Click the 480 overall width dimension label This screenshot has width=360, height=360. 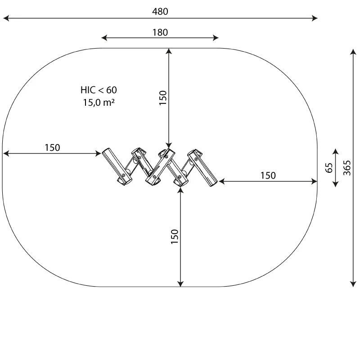(x=160, y=12)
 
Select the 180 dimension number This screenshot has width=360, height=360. (x=160, y=32)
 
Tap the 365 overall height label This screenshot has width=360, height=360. (x=347, y=168)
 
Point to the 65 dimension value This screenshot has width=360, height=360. (x=329, y=168)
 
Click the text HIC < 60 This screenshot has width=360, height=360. (x=99, y=90)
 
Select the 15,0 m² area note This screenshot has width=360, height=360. (x=99, y=103)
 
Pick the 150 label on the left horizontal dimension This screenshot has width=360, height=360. (x=52, y=148)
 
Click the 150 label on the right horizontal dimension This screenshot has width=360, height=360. (x=268, y=175)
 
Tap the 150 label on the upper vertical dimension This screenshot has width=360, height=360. (x=163, y=98)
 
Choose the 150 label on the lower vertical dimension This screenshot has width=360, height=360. (x=175, y=237)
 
